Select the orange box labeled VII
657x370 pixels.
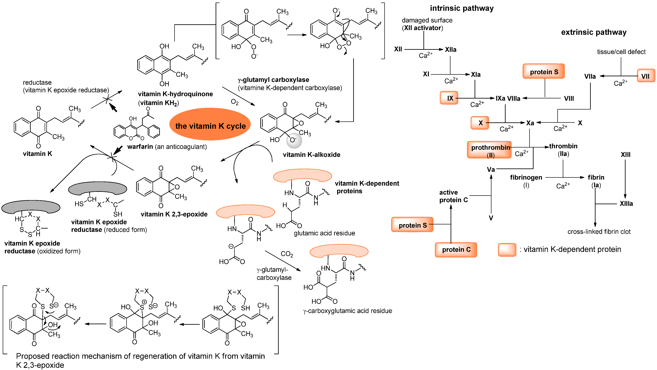tap(646, 76)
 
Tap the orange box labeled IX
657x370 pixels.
tap(449, 98)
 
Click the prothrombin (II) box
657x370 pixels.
tap(489, 150)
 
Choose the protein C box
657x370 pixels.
tap(456, 250)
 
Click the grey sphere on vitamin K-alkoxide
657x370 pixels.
tap(294, 141)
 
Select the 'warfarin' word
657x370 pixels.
tap(140, 147)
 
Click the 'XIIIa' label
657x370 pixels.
tap(626, 204)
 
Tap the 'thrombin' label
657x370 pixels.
tap(563, 146)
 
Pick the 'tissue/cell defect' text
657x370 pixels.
tap(621, 52)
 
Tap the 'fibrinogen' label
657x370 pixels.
tap(526, 177)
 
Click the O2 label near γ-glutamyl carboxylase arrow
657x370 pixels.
tap(234, 102)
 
